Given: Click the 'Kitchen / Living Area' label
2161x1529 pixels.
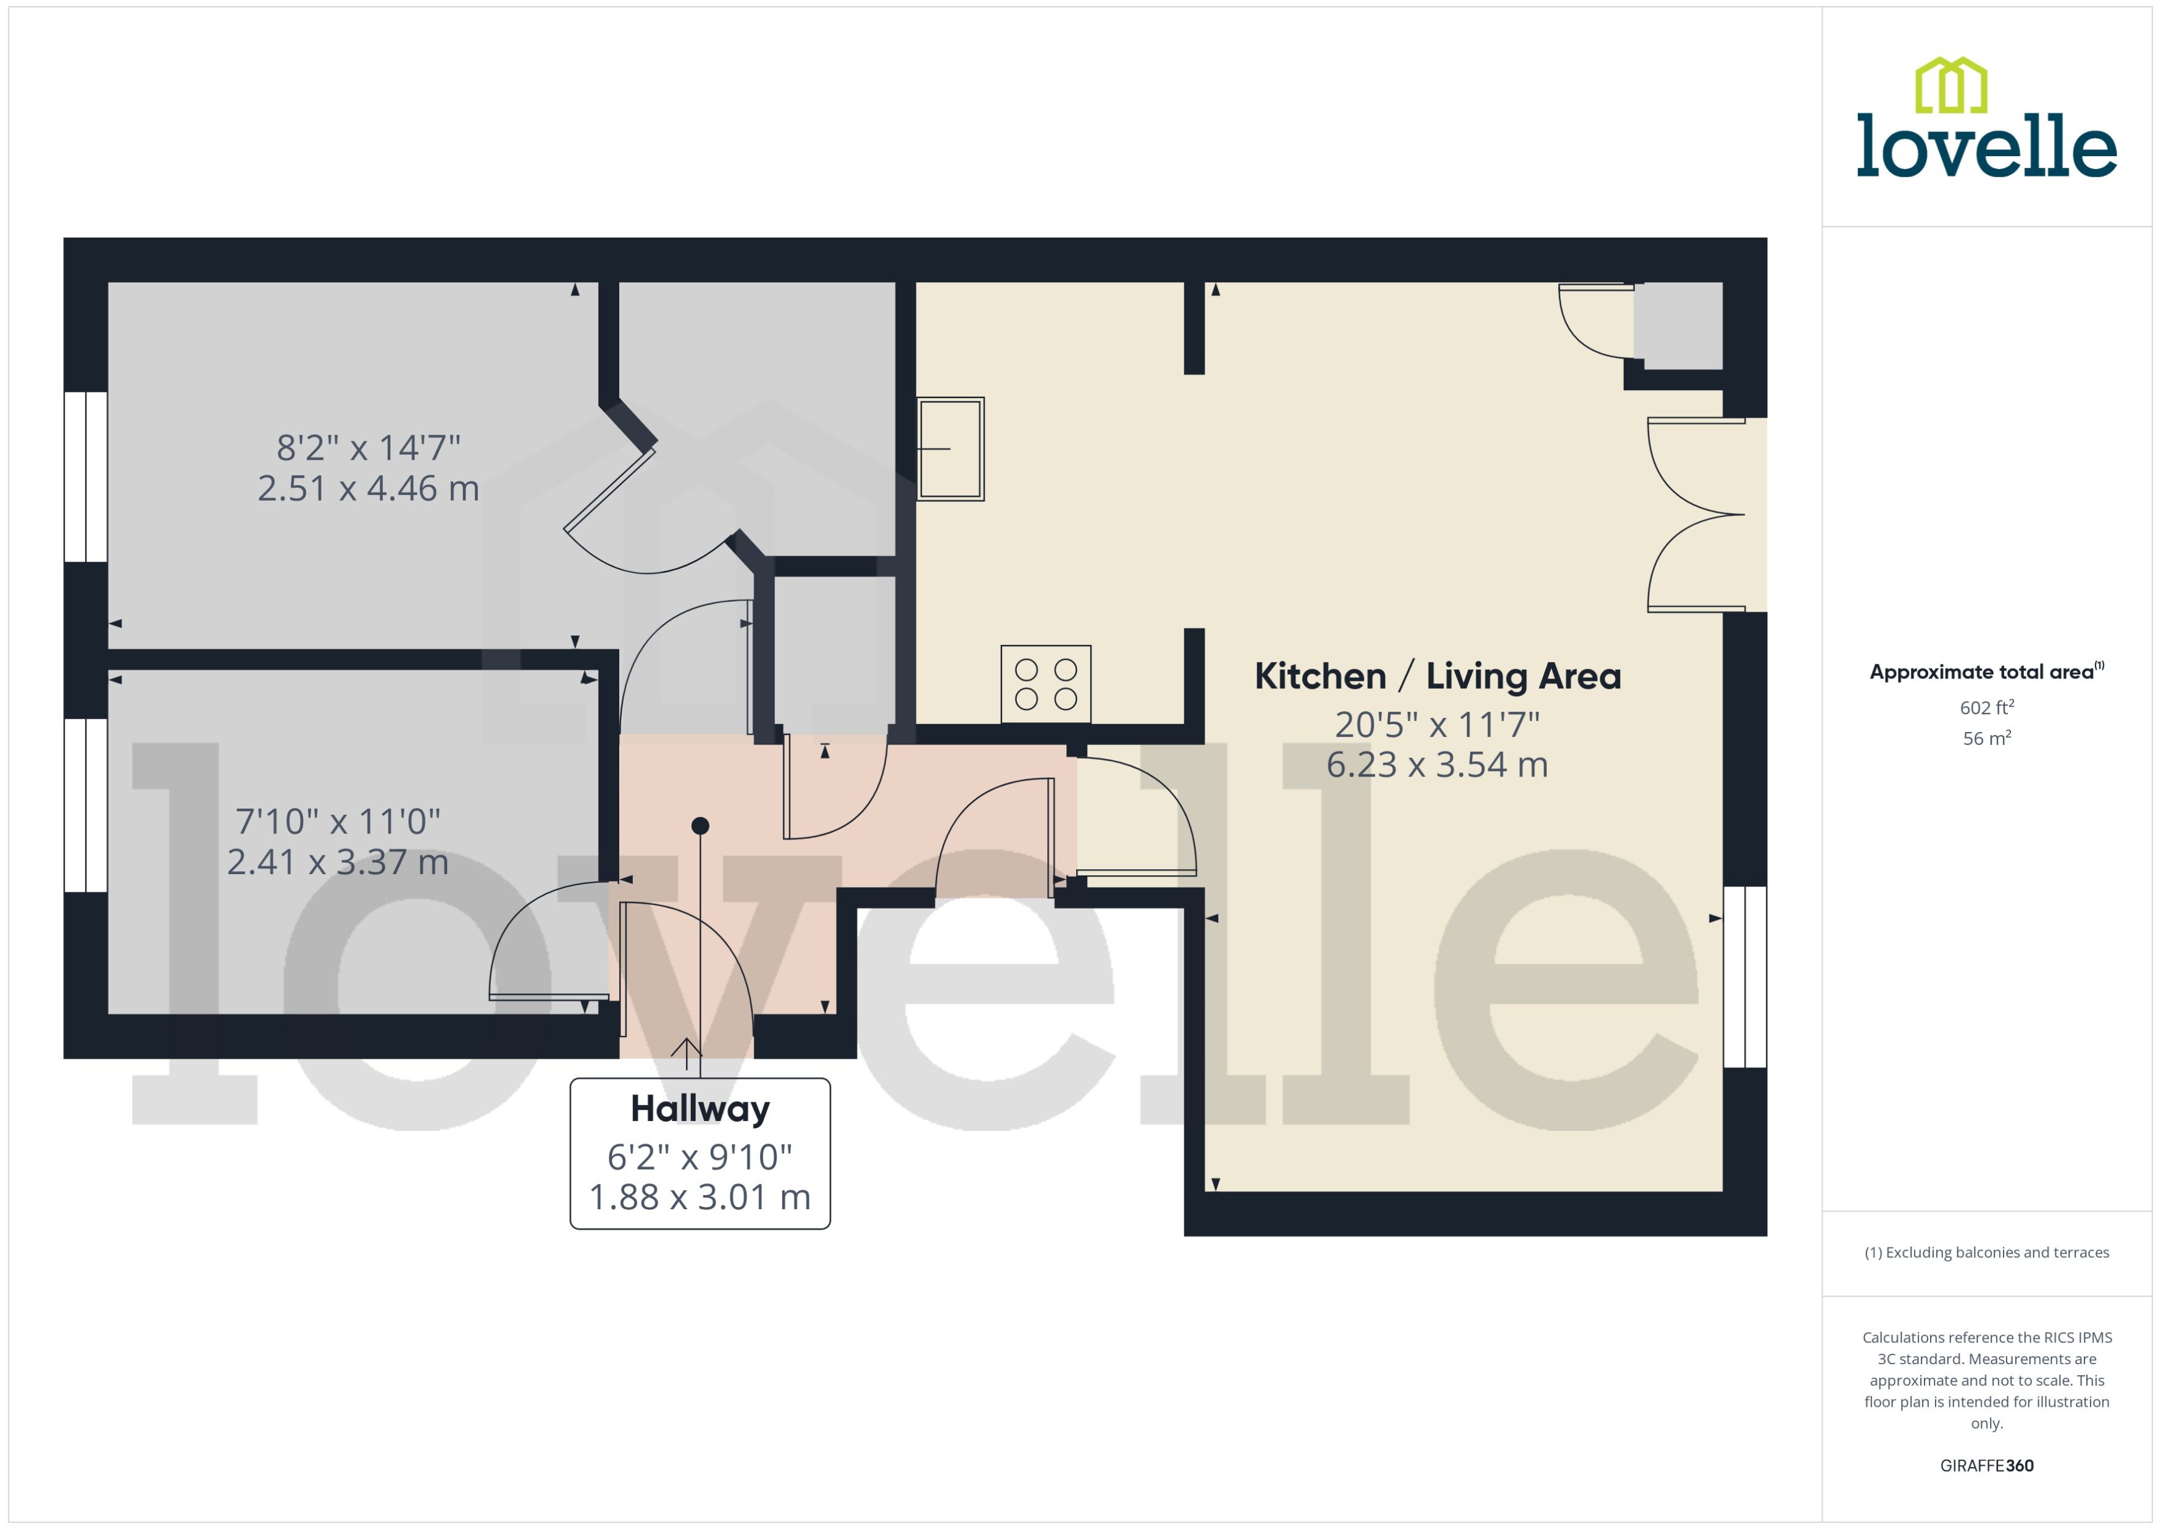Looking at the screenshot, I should (1437, 676).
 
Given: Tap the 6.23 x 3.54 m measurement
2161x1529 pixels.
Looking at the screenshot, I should (1437, 764).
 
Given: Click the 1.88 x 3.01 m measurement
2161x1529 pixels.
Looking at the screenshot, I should (700, 1197).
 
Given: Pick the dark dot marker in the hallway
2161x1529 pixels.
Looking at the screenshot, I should (700, 826).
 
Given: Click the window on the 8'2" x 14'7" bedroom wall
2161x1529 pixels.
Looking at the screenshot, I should (86, 477).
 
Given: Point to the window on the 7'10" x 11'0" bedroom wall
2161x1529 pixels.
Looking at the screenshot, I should (86, 804).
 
